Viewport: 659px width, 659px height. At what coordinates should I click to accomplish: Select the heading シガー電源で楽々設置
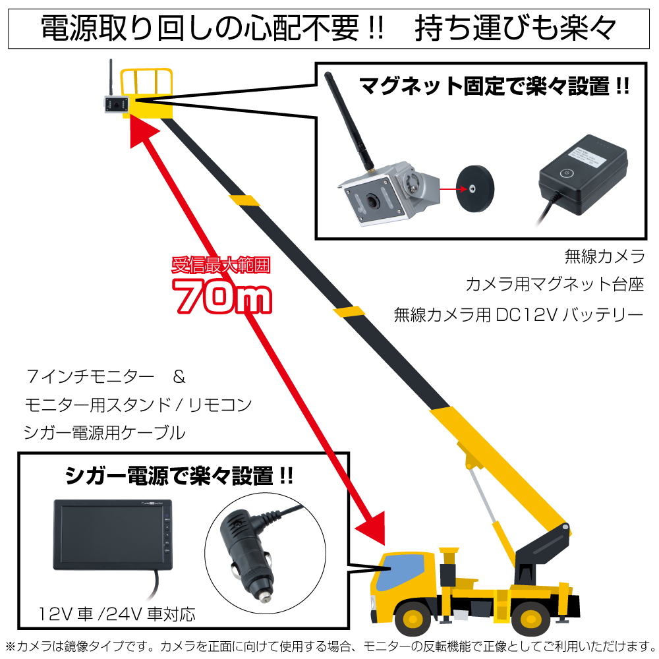(x=179, y=474)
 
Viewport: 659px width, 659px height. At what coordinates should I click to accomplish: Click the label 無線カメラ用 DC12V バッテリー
(x=518, y=314)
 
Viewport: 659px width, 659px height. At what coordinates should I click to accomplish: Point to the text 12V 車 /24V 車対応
(x=117, y=616)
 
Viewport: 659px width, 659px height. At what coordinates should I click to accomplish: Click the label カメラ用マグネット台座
(x=554, y=285)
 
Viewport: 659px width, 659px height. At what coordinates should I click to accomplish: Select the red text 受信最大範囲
(x=221, y=266)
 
